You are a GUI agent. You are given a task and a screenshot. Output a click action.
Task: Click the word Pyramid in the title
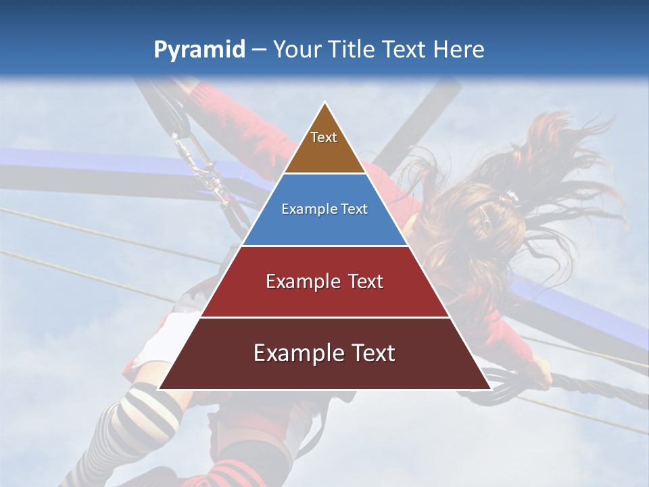tap(199, 50)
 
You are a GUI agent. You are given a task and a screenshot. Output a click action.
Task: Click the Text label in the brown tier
tap(324, 137)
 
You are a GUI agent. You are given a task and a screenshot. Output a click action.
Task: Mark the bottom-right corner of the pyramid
tap(490, 389)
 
